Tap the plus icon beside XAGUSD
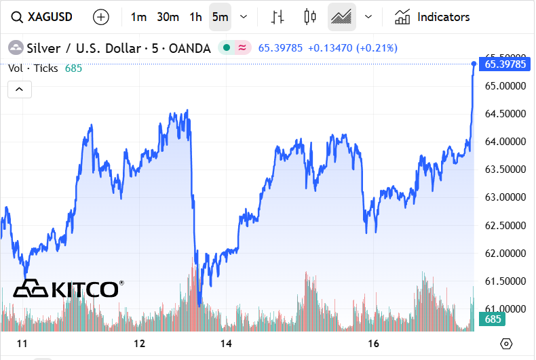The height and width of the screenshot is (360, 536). tap(100, 17)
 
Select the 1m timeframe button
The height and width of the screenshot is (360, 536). tap(138, 17)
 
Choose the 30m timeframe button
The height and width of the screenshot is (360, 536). tap(168, 17)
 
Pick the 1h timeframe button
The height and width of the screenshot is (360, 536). tap(196, 17)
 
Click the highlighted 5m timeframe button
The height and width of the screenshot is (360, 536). tap(220, 17)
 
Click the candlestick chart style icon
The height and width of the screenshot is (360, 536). tap(311, 17)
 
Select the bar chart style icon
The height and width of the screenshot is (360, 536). tap(277, 17)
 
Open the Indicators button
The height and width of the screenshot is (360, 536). tap(432, 17)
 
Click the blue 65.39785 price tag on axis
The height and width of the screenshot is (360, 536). tap(505, 64)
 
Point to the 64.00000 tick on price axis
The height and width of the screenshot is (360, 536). tap(505, 142)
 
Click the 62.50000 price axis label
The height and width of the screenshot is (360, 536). tap(505, 225)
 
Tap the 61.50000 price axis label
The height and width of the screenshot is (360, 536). tap(505, 281)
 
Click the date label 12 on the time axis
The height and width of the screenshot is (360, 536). tap(140, 344)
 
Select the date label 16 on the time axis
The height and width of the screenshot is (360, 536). tap(372, 344)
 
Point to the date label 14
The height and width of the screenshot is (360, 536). tap(227, 344)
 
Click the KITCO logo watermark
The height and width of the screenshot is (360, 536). tap(68, 289)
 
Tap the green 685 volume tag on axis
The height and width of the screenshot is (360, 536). tap(493, 319)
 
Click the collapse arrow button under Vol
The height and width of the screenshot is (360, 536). tap(20, 89)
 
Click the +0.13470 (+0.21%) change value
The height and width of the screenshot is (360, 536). tap(353, 48)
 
